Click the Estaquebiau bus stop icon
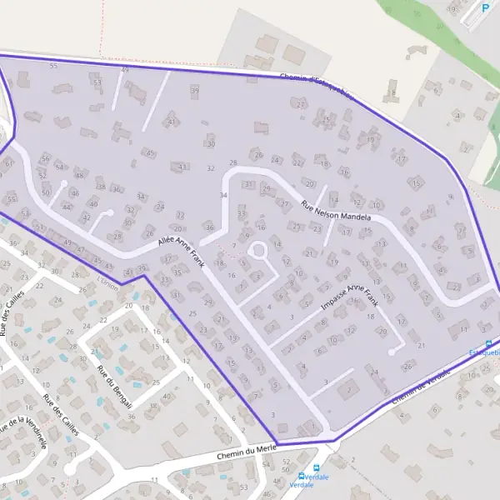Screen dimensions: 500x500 point(488,344)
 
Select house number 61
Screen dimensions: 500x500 point(8,163)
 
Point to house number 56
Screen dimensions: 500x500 point(45,158)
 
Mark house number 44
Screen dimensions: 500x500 point(67,206)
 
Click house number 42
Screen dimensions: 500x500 point(85,217)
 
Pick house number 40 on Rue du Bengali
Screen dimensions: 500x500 point(167,396)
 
